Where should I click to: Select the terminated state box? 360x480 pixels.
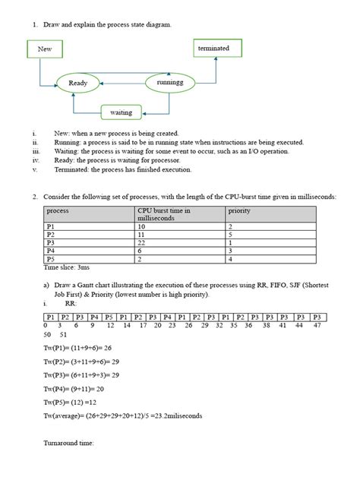[213, 48]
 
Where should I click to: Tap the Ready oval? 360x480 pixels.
[78, 84]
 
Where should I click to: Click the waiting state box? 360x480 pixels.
[122, 112]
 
